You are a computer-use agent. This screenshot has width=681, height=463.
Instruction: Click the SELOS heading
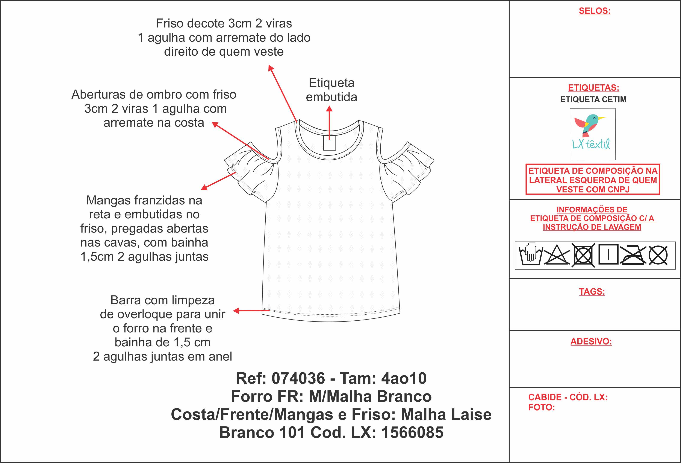(x=594, y=11)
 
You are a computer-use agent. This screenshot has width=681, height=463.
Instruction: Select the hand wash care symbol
(x=531, y=254)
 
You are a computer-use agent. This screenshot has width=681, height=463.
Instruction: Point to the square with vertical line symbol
(x=608, y=254)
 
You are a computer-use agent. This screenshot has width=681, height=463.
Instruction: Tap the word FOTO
(x=542, y=407)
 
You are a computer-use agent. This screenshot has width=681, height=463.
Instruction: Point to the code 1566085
(x=412, y=433)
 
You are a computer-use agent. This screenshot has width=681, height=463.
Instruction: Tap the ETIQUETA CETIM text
(x=593, y=99)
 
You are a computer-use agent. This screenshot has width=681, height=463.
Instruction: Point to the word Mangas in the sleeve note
(x=106, y=201)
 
